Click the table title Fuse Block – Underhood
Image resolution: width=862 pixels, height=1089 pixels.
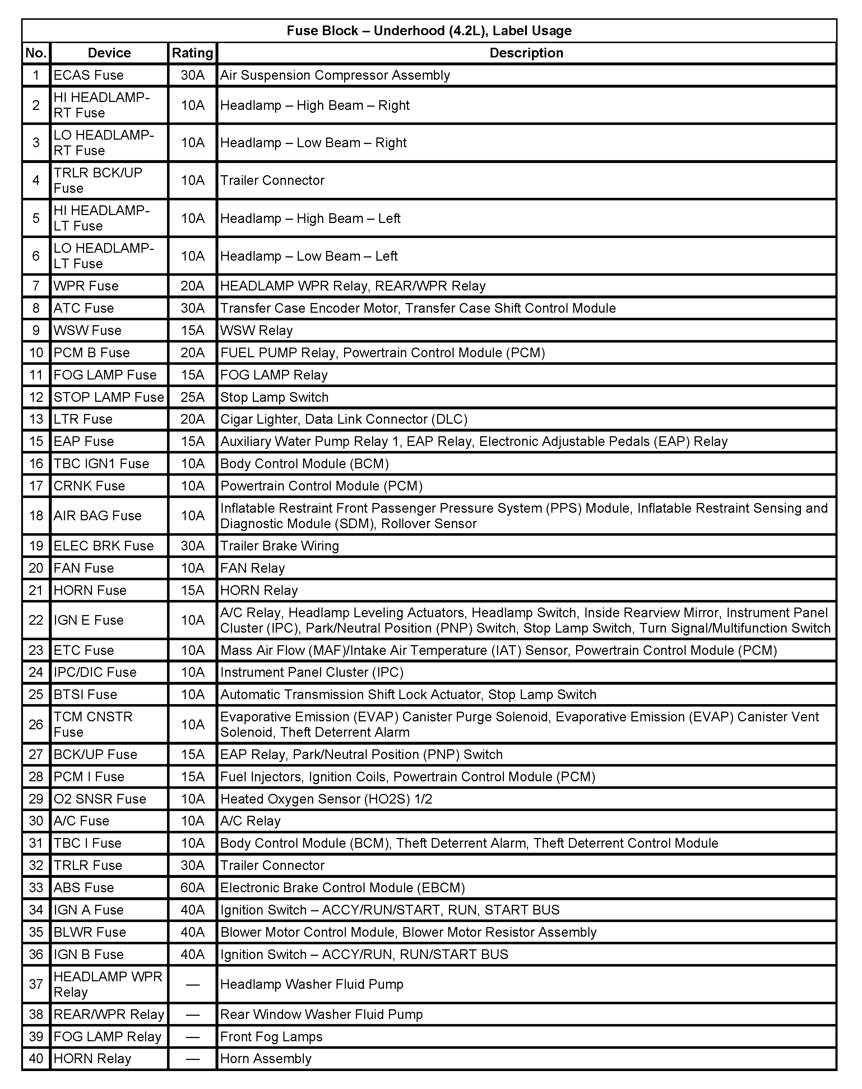coord(429,31)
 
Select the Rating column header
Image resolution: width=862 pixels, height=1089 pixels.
coord(192,53)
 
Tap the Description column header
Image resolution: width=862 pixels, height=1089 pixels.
coord(527,53)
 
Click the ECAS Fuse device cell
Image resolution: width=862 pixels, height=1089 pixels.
coord(89,75)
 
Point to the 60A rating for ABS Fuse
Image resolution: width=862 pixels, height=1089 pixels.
coord(192,887)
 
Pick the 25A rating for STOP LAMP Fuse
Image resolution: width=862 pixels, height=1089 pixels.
coord(192,397)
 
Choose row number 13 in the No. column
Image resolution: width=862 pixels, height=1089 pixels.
coord(36,419)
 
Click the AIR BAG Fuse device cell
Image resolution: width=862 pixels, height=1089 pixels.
coord(97,516)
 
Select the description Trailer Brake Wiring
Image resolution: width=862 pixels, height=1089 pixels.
coord(279,546)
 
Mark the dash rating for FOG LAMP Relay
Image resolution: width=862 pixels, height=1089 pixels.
coord(192,1037)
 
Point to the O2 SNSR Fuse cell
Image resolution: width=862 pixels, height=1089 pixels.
coord(100,799)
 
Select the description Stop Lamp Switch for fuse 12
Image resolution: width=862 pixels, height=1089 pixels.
coord(274,397)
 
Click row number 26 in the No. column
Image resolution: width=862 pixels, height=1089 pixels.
coord(36,724)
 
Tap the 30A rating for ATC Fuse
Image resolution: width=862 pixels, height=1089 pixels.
coord(192,308)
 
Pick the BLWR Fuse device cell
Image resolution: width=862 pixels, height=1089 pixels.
coord(90,932)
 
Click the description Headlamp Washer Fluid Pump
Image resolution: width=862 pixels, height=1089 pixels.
coord(312,984)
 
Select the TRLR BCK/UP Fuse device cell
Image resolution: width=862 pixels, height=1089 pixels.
coord(98,180)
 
